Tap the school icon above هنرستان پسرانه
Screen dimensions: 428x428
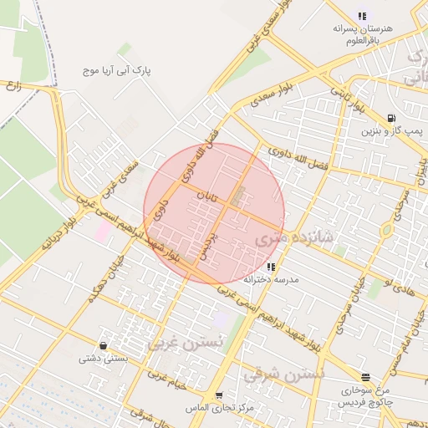[x=361, y=15]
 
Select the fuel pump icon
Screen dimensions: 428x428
[x=391, y=119]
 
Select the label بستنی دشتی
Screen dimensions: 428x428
[x=101, y=358]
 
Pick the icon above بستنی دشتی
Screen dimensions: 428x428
[x=103, y=344]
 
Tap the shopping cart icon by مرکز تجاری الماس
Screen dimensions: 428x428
[x=219, y=395]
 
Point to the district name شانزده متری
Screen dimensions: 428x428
[x=293, y=238]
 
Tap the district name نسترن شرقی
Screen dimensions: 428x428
[x=283, y=375]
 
